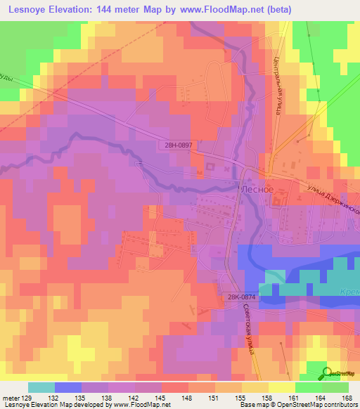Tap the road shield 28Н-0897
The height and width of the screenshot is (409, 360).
(x=174, y=144)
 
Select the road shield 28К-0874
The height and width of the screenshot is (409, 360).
(x=240, y=298)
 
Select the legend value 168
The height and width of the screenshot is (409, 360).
(x=347, y=398)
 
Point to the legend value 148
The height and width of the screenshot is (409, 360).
(x=187, y=398)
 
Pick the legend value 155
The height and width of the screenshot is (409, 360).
(x=240, y=398)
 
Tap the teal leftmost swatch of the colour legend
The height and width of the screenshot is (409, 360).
(x=41, y=387)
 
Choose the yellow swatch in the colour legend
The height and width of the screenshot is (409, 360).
(x=281, y=387)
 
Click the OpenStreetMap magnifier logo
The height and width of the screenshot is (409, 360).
(x=326, y=373)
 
